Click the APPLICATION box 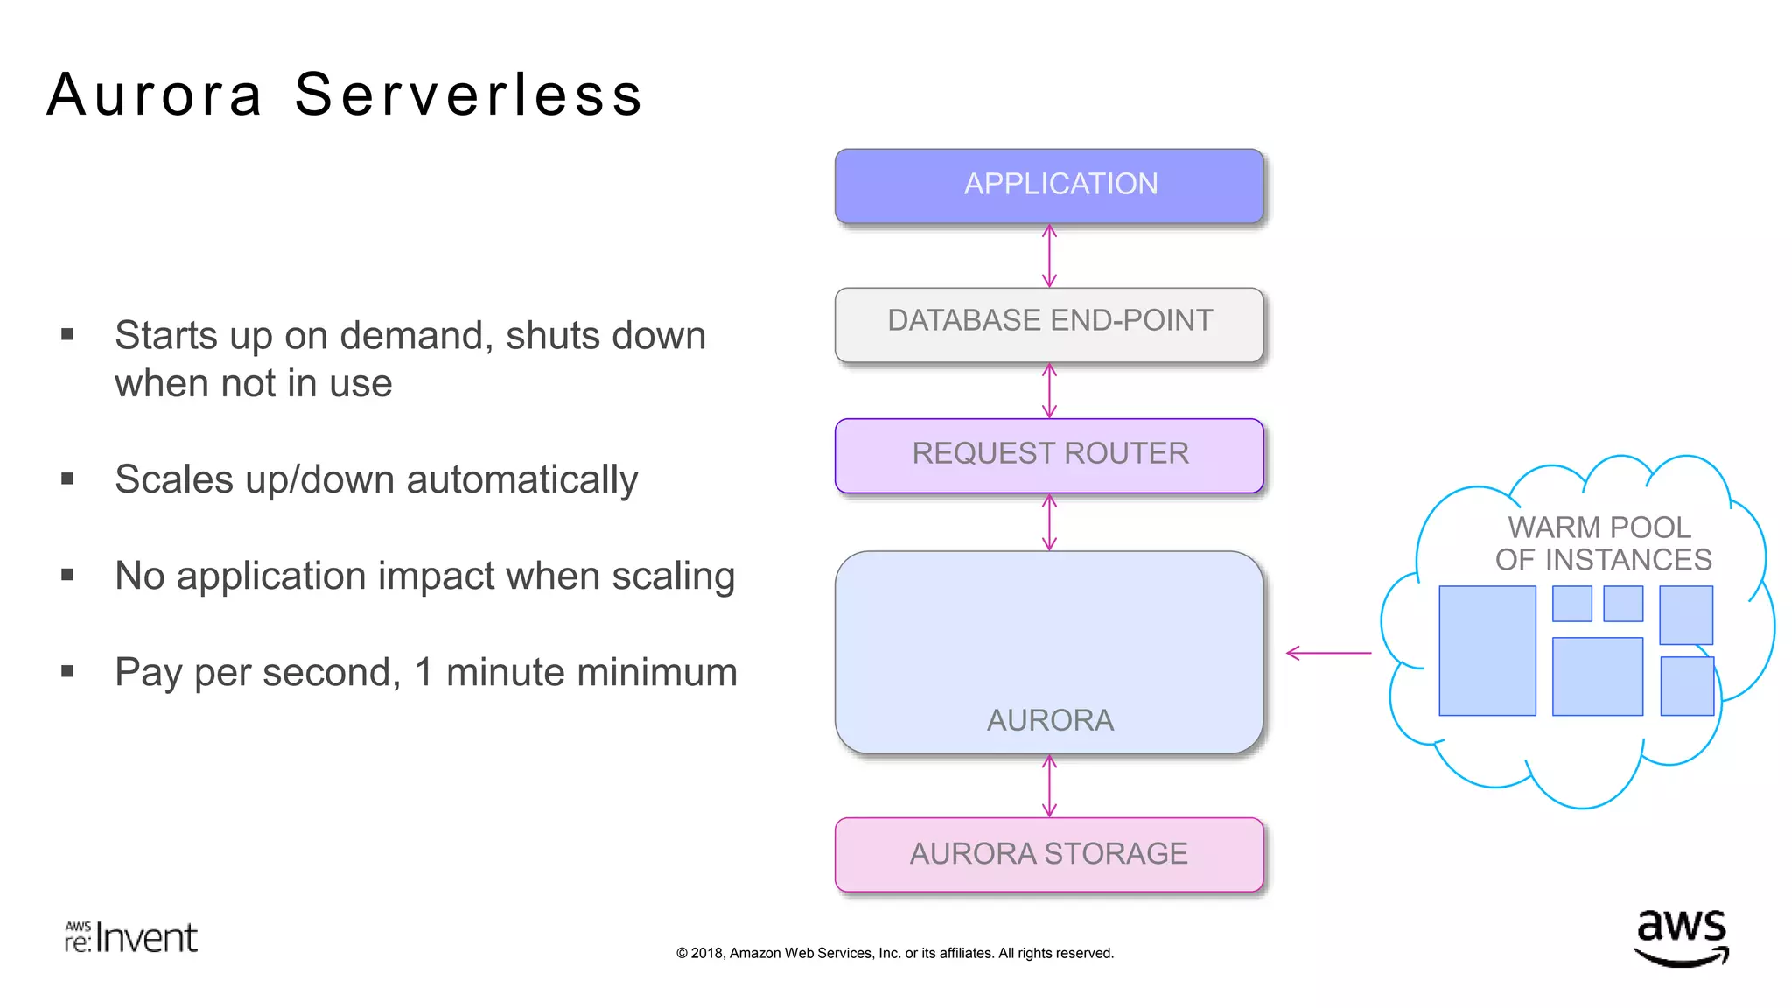(1049, 185)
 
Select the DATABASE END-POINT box (1049, 323)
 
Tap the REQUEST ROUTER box (1049, 454)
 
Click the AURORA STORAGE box (1049, 854)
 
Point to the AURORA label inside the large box (1050, 720)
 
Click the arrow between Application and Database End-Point (1049, 255)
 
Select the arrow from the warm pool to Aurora (1328, 653)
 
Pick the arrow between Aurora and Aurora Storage (1049, 786)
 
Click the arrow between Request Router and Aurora (1049, 522)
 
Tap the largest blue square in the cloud (1487, 651)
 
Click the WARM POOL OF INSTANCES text (1602, 543)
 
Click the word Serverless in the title (468, 94)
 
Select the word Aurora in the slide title (155, 94)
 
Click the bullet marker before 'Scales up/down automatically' (67, 479)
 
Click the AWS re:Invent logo (131, 937)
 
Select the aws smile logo (1682, 938)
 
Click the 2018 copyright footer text (894, 953)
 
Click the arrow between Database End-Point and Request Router (1049, 391)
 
